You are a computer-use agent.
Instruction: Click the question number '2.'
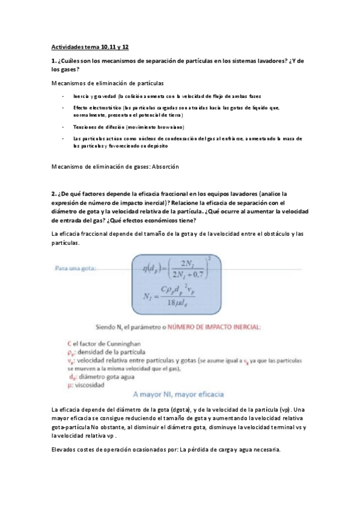click(x=53, y=194)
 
